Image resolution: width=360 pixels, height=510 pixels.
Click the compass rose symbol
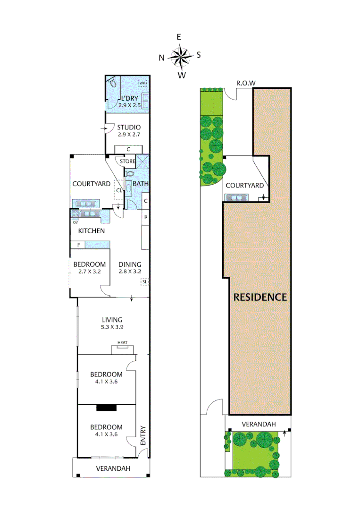point(180,56)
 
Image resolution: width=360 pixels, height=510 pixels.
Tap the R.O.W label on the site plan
point(246,83)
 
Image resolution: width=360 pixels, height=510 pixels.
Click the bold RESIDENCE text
point(260,297)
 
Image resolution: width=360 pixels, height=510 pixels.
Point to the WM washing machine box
point(142,83)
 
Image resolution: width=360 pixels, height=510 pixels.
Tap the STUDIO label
point(129,127)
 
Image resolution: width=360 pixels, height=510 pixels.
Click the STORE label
point(127,161)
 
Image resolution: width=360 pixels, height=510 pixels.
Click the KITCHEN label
point(91,231)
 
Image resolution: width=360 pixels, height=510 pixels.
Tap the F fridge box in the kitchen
point(78,245)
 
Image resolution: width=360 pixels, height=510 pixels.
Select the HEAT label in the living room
point(123,343)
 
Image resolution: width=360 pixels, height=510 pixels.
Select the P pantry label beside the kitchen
point(146,218)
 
